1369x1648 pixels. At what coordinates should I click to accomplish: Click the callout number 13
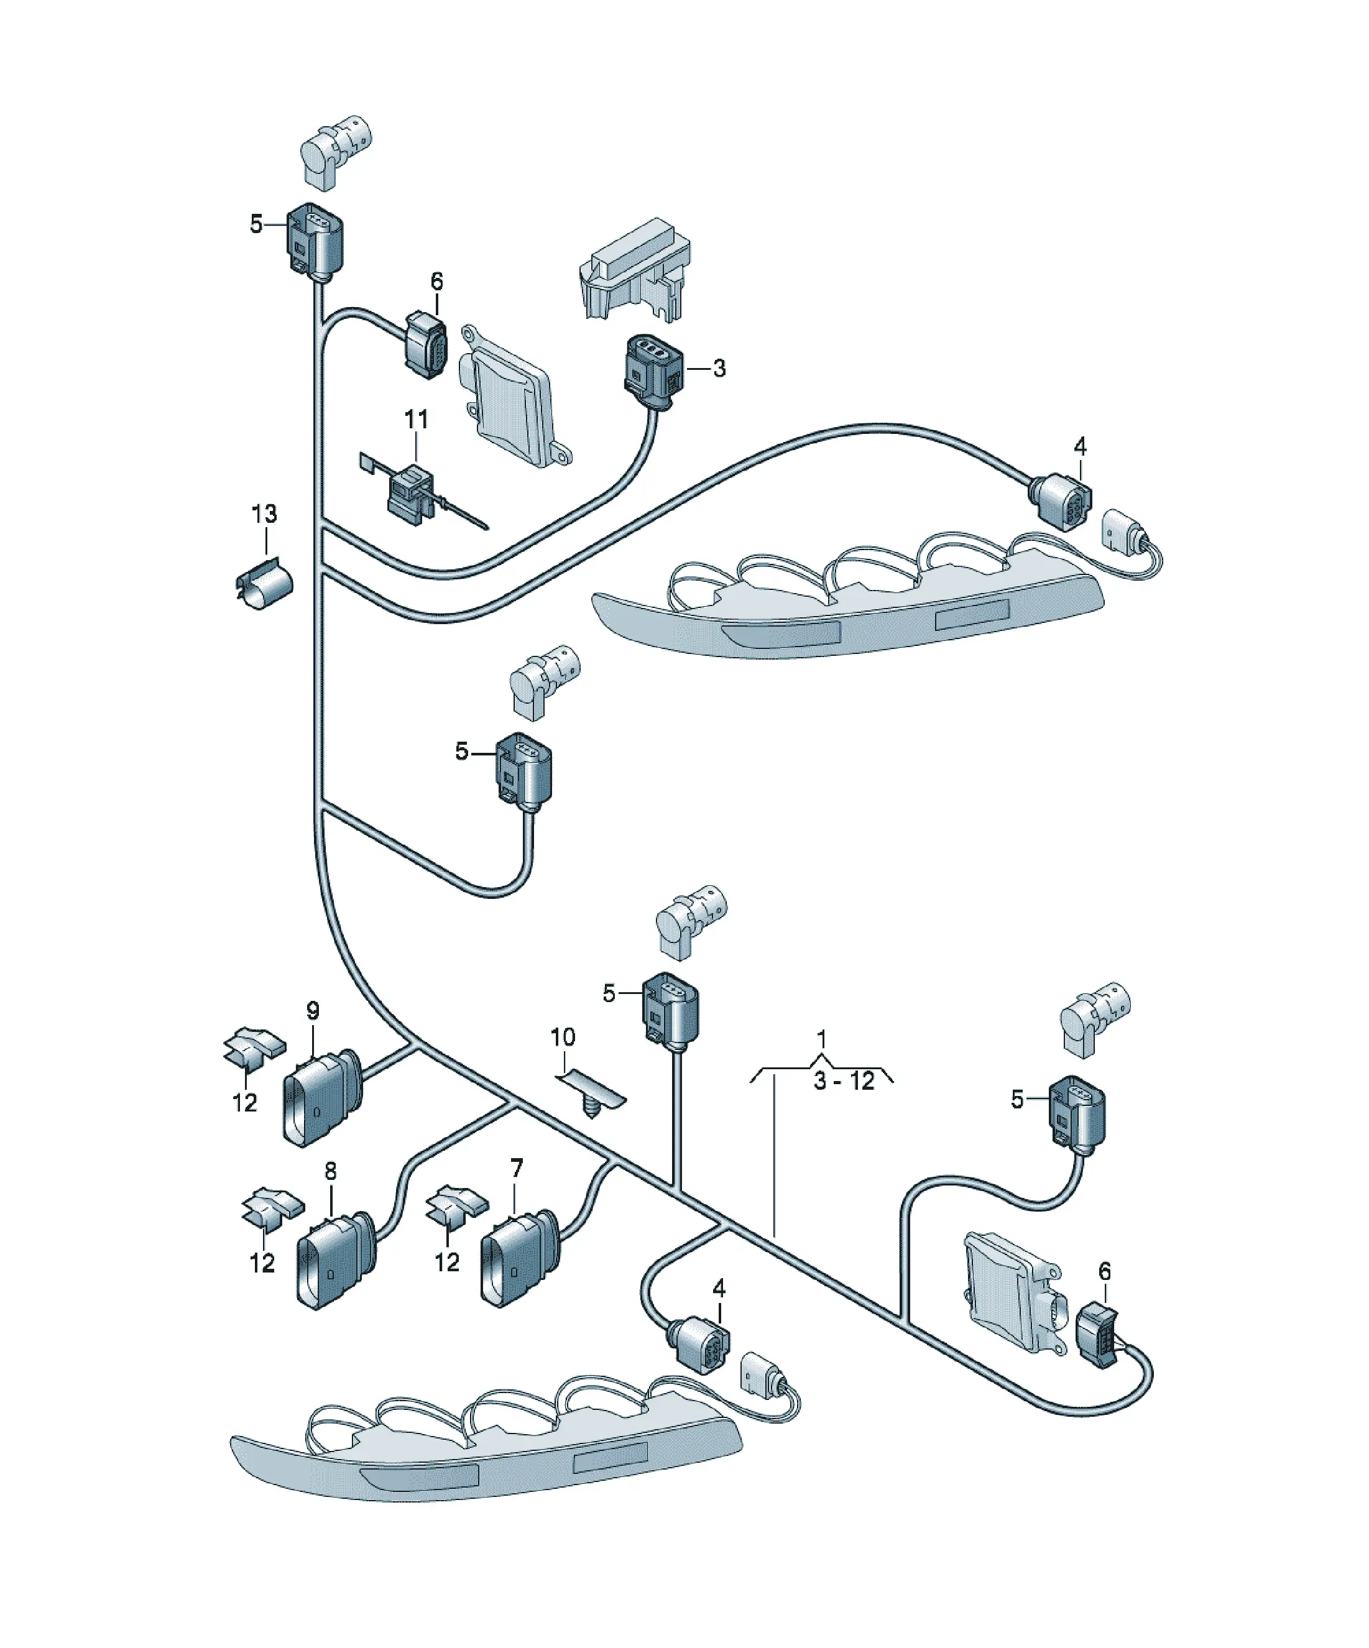click(x=264, y=514)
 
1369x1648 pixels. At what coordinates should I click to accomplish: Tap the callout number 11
click(x=416, y=420)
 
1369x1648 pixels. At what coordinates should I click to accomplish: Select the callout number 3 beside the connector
click(x=719, y=368)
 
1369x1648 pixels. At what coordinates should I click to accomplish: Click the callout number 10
click(x=563, y=1038)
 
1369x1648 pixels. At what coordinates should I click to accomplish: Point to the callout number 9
click(x=313, y=1011)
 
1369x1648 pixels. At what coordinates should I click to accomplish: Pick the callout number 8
click(x=331, y=1172)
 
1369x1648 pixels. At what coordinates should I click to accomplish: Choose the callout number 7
click(x=516, y=1169)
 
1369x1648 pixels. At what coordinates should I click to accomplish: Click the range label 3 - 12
click(x=844, y=1082)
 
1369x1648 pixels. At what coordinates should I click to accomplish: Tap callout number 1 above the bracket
click(x=821, y=1040)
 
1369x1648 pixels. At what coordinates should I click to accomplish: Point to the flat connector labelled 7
click(x=520, y=1259)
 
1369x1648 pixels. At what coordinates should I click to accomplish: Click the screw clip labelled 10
click(x=591, y=1092)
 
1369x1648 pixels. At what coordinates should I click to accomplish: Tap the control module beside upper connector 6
click(x=514, y=397)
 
